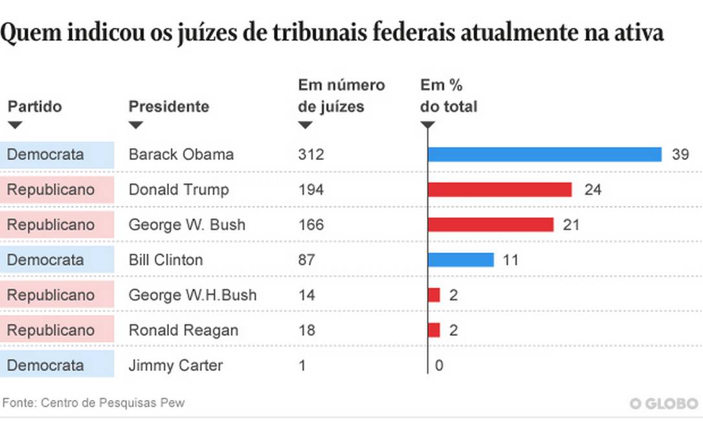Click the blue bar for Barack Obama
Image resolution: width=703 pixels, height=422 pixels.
544,155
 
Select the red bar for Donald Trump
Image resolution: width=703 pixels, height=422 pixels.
500,190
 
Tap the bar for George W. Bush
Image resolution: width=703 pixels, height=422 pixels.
491,225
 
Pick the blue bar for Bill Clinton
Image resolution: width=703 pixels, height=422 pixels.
461,260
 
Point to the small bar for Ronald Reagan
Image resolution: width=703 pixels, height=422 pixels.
434,329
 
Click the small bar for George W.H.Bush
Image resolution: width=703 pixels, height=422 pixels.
434,294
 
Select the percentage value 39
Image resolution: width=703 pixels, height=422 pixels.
680,155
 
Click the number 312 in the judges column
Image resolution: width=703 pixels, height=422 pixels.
311,155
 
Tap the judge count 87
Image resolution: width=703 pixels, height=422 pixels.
306,260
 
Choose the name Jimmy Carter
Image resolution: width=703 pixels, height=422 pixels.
175,365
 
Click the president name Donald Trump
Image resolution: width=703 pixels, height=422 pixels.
179,190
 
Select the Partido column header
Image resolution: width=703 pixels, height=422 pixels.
34,106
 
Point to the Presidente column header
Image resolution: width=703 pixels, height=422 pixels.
168,106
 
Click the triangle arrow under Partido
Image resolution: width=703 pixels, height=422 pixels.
14,125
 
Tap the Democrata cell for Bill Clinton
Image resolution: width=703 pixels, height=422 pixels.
45,260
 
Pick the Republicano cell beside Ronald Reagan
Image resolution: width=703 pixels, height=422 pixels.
50,329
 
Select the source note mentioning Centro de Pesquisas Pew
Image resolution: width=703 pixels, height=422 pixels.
94,403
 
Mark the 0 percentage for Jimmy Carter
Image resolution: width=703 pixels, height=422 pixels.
439,365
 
